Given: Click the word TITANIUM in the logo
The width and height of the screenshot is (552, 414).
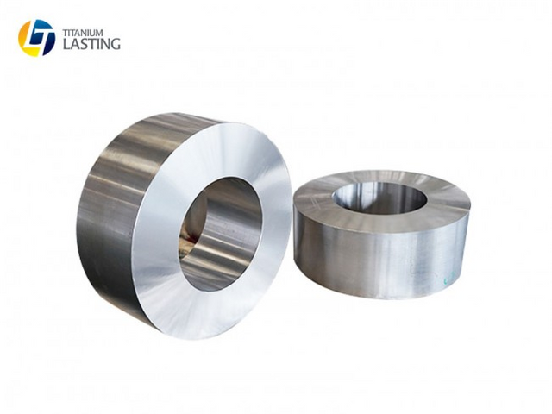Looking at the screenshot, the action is [x=83, y=33].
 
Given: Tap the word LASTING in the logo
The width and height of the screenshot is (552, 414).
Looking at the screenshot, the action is [x=91, y=44].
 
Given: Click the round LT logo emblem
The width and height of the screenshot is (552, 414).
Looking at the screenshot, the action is [x=36, y=38].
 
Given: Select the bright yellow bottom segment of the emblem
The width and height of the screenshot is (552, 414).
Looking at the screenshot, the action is [x=33, y=52].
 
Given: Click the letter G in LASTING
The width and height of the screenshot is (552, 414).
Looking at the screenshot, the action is [x=115, y=44].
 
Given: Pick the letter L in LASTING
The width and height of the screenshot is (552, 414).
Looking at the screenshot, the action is [x=66, y=44].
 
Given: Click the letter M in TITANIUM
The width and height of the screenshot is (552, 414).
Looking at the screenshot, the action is [x=99, y=33].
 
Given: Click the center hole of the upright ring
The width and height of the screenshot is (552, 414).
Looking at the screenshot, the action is [x=221, y=234].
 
